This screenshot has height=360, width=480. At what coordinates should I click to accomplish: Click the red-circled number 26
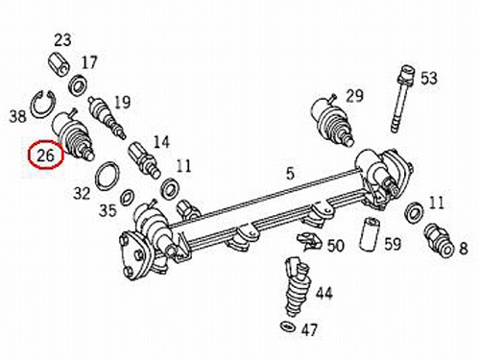click(x=45, y=156)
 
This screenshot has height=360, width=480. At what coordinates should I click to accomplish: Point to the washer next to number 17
click(x=79, y=84)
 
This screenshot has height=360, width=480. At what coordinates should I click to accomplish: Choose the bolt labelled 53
click(x=403, y=99)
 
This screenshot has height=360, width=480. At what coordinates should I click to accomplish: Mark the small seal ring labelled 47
click(x=288, y=326)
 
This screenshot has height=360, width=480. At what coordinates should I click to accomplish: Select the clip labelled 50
click(x=310, y=242)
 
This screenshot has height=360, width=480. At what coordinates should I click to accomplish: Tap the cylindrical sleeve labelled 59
click(x=369, y=234)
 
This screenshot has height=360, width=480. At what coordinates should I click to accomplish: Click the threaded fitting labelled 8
click(x=438, y=240)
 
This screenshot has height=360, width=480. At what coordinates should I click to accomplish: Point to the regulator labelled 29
click(x=332, y=120)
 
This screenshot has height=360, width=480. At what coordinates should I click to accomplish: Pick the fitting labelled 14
click(x=144, y=159)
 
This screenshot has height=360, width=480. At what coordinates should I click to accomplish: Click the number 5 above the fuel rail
click(x=290, y=174)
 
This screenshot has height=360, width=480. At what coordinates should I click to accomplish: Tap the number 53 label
click(x=428, y=79)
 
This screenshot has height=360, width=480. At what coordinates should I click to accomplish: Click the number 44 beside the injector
click(x=324, y=293)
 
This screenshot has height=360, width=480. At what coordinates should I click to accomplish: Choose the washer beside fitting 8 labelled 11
click(x=415, y=212)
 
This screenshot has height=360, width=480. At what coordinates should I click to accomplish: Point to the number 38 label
click(x=17, y=116)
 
